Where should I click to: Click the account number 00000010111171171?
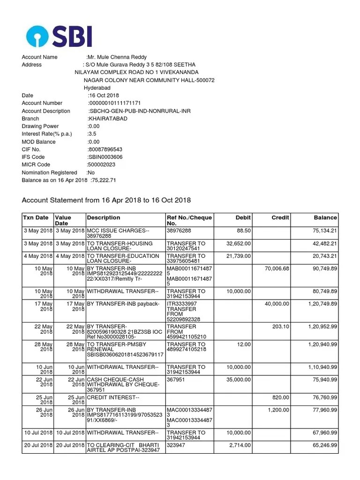[115, 103]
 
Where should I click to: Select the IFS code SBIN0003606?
[106, 157]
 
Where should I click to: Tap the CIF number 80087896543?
[106, 150]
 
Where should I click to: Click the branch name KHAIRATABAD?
[107, 119]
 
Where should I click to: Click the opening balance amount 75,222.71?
[104, 180]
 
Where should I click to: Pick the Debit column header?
[243, 217]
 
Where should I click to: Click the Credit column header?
[280, 217]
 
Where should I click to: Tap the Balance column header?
[325, 217]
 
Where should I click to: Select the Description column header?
[104, 217]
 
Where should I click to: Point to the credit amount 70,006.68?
[277, 268]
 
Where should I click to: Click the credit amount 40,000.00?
[277, 304]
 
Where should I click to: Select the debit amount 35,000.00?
[239, 380]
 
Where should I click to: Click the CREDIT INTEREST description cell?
[113, 397]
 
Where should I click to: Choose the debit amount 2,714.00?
[240, 444]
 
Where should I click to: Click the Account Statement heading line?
[106, 200]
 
